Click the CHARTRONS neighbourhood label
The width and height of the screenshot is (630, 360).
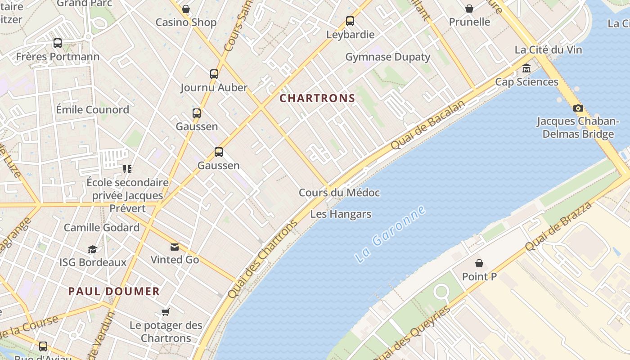pyautogui.click(x=317, y=98)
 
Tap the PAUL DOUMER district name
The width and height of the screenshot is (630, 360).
pyautogui.click(x=114, y=291)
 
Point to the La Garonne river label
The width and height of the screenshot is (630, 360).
pyautogui.click(x=390, y=234)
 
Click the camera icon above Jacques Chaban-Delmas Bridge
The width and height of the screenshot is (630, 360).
pyautogui.click(x=578, y=108)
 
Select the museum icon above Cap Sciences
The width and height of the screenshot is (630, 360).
pyautogui.click(x=526, y=69)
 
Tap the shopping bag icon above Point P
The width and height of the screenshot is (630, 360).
pyautogui.click(x=479, y=263)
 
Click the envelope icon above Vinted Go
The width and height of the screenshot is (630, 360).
pyautogui.click(x=175, y=247)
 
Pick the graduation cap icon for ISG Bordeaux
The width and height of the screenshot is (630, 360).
pyautogui.click(x=92, y=249)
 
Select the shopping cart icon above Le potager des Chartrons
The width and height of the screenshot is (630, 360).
pyautogui.click(x=166, y=312)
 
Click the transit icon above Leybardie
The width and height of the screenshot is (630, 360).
pyautogui.click(x=350, y=21)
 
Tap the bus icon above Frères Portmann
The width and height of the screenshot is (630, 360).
pyautogui.click(x=58, y=43)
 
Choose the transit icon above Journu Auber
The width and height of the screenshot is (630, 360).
pyautogui.click(x=214, y=74)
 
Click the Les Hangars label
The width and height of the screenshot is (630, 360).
pyautogui.click(x=341, y=214)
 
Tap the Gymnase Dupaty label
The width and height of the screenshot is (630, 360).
pyautogui.click(x=387, y=57)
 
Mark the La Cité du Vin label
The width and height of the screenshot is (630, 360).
pyautogui.click(x=548, y=49)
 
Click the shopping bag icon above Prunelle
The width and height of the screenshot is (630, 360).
pyautogui.click(x=469, y=9)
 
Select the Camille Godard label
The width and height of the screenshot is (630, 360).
pyautogui.click(x=102, y=227)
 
